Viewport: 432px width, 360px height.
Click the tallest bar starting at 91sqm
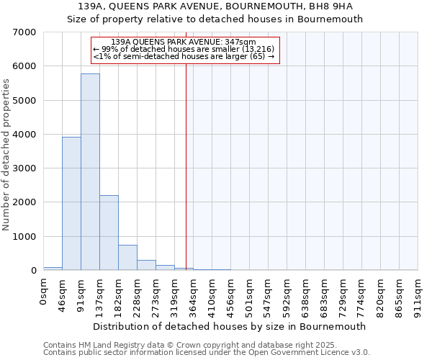[90, 172]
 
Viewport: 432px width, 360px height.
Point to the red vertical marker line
[186, 166]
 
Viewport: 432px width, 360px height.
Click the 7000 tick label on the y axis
[24, 32]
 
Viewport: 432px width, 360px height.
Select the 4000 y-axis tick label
[24, 135]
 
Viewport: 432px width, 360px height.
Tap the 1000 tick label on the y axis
[24, 237]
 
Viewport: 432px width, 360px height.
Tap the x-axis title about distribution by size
[230, 326]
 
